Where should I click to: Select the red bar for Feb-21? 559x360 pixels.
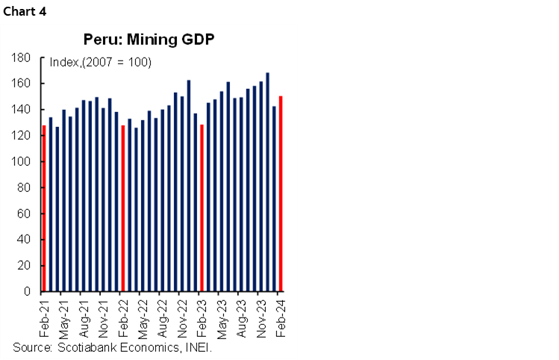pos(43,208)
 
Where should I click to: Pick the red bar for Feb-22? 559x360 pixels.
pos(122,208)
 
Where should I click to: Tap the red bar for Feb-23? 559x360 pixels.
pos(202,208)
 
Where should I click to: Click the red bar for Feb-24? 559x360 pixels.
pos(281,194)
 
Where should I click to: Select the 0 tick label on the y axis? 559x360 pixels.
pos(27,291)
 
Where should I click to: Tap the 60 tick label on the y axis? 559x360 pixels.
pos(23,214)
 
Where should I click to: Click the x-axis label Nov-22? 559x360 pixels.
pos(182,317)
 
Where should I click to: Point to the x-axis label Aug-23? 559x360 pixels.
pos(241,317)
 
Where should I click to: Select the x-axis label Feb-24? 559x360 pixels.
pos(281,317)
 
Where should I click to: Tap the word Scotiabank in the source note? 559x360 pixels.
pos(81,347)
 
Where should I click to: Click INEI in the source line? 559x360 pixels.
pos(199,347)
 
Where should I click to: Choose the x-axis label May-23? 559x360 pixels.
pos(222,317)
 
